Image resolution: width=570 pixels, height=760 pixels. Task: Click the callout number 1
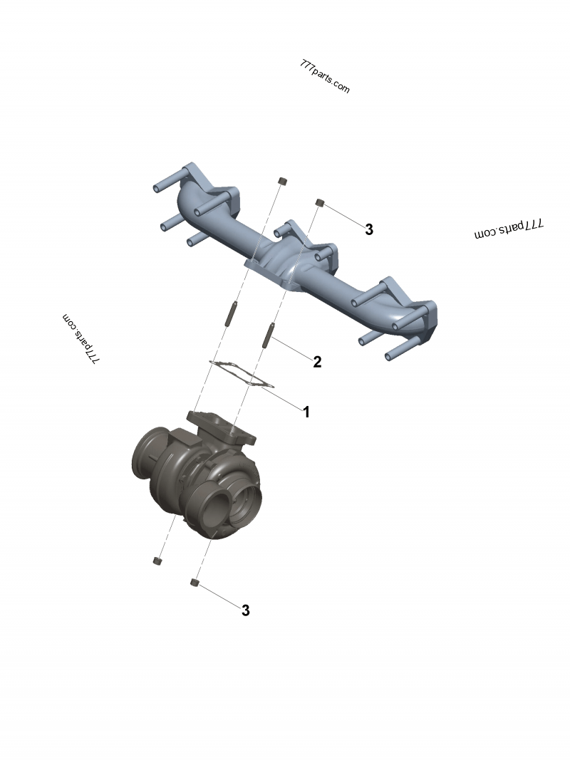coord(306,412)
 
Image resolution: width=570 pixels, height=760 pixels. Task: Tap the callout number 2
coord(317,362)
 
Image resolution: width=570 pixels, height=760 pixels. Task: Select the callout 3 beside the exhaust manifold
coord(369,229)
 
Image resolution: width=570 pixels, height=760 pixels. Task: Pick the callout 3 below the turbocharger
coord(246,610)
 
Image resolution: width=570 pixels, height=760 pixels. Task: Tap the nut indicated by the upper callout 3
coord(321,204)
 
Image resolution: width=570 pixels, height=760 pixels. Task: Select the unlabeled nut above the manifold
coord(281,181)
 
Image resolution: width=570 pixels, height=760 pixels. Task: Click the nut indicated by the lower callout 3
coord(194,583)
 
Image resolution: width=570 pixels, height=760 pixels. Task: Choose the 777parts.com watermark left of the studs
coord(81,339)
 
